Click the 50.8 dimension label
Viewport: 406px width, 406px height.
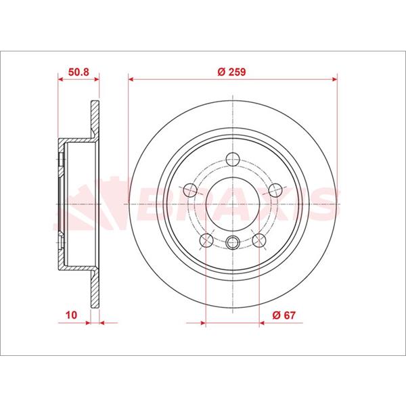pyautogui.click(x=78, y=72)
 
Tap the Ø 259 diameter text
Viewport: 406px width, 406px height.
pyautogui.click(x=231, y=72)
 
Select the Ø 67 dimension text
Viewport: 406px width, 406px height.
pyautogui.click(x=284, y=315)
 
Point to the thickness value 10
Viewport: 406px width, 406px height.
pyautogui.click(x=71, y=315)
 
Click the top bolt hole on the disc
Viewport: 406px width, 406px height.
pyautogui.click(x=233, y=159)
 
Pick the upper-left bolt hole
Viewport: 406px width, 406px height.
pyautogui.click(x=190, y=190)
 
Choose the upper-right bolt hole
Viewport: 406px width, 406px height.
pyautogui.click(x=275, y=190)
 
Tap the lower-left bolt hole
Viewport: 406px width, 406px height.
pyautogui.click(x=206, y=240)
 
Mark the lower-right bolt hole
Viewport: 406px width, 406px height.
pyautogui.click(x=259, y=240)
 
